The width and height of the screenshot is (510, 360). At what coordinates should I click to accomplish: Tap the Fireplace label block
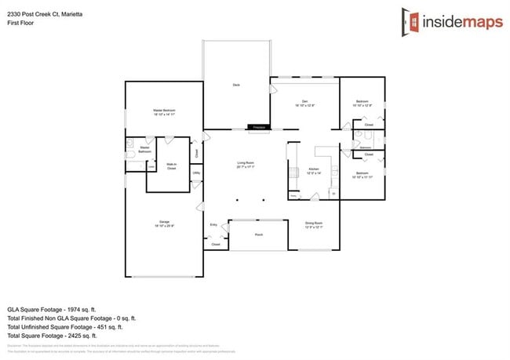point(259,127)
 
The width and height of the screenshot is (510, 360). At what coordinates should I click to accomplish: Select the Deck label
point(235,84)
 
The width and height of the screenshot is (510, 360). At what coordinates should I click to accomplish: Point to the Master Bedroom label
point(164,112)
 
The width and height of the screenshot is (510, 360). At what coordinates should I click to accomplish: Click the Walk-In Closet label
point(170,166)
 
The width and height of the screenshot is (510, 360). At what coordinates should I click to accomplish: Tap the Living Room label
point(246,165)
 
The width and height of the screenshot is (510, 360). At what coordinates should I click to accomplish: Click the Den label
point(304,104)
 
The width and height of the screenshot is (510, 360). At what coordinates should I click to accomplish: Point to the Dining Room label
point(314,225)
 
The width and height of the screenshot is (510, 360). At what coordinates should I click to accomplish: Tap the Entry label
point(213,225)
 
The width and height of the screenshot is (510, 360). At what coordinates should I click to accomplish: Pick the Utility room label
point(196,173)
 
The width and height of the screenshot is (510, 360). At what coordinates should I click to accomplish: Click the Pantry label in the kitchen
point(293,195)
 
